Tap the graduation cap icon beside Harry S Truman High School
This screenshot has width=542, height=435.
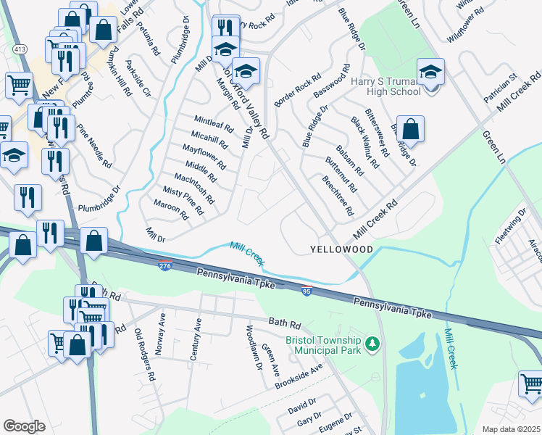pyautogui.click(x=431, y=73)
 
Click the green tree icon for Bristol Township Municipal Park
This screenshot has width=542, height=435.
pyautogui.click(x=373, y=343)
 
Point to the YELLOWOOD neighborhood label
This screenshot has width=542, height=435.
pyautogui.click(x=341, y=249)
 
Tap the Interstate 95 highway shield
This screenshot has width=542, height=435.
pyautogui.click(x=307, y=291)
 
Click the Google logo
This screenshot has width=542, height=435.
pyautogui.click(x=24, y=426)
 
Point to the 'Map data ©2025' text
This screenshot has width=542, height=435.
pyautogui.click(x=511, y=429)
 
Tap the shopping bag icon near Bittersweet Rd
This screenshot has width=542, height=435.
pyautogui.click(x=410, y=130)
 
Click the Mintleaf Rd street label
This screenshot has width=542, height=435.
pyautogui.click(x=214, y=123)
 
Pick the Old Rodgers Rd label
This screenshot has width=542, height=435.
pyautogui.click(x=146, y=355)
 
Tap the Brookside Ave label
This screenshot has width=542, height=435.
pyautogui.click(x=299, y=378)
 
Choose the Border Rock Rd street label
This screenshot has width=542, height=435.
pyautogui.click(x=298, y=91)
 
